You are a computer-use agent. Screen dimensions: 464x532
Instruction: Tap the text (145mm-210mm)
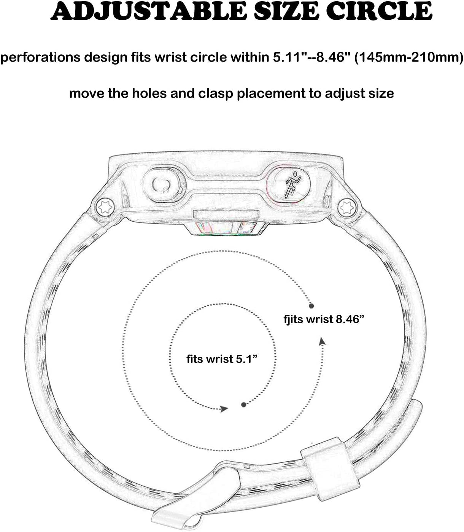408,57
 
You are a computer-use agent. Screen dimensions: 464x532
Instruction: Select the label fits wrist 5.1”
222,359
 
